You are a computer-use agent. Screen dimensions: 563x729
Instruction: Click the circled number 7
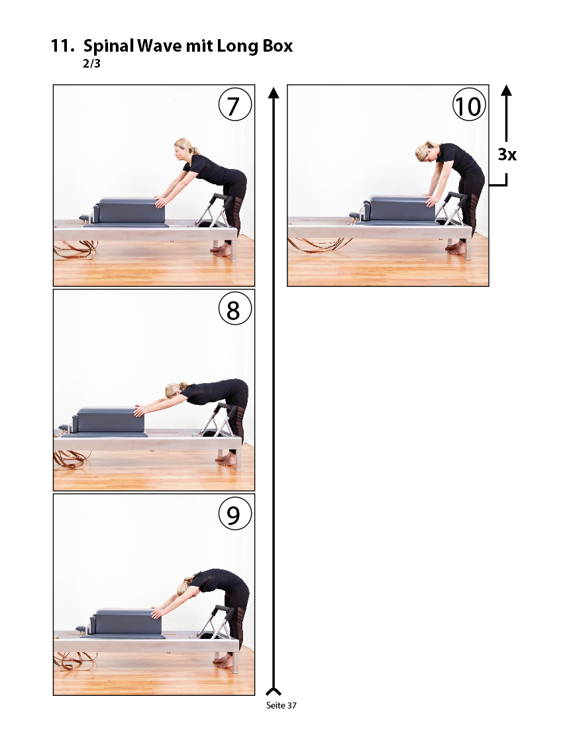click(x=235, y=105)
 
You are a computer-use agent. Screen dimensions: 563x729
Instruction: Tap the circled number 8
click(x=235, y=309)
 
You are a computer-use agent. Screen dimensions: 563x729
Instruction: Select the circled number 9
click(x=235, y=513)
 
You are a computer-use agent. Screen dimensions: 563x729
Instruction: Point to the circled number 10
click(x=469, y=105)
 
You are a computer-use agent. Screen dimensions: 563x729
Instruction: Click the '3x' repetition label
click(x=507, y=154)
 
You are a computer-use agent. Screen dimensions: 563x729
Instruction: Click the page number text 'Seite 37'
click(x=281, y=705)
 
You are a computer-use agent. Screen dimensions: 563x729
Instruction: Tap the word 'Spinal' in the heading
click(x=109, y=46)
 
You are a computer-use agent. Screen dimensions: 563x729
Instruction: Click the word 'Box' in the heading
click(x=278, y=46)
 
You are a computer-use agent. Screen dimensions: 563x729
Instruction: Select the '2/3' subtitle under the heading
click(x=91, y=64)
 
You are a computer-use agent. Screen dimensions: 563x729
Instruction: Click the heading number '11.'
click(x=62, y=46)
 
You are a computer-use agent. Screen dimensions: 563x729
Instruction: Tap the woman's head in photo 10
click(x=426, y=152)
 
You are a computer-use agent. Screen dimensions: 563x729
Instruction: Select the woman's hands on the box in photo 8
click(x=139, y=410)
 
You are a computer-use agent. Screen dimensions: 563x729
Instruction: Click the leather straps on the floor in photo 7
click(x=76, y=250)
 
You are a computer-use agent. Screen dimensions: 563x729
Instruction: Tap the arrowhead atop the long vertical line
click(x=274, y=93)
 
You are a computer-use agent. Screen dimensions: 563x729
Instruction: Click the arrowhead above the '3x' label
click(x=506, y=90)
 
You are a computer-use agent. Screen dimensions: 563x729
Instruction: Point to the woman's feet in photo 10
click(x=456, y=248)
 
